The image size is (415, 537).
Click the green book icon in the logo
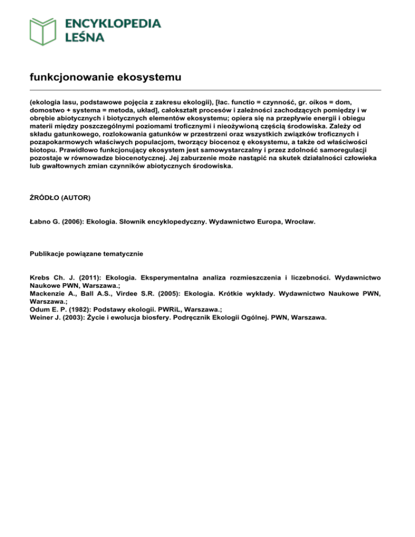click(x=43, y=31)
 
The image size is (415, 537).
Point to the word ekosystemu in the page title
click(x=151, y=78)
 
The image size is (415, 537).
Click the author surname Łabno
click(x=41, y=221)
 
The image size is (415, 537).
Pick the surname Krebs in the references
click(x=41, y=277)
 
